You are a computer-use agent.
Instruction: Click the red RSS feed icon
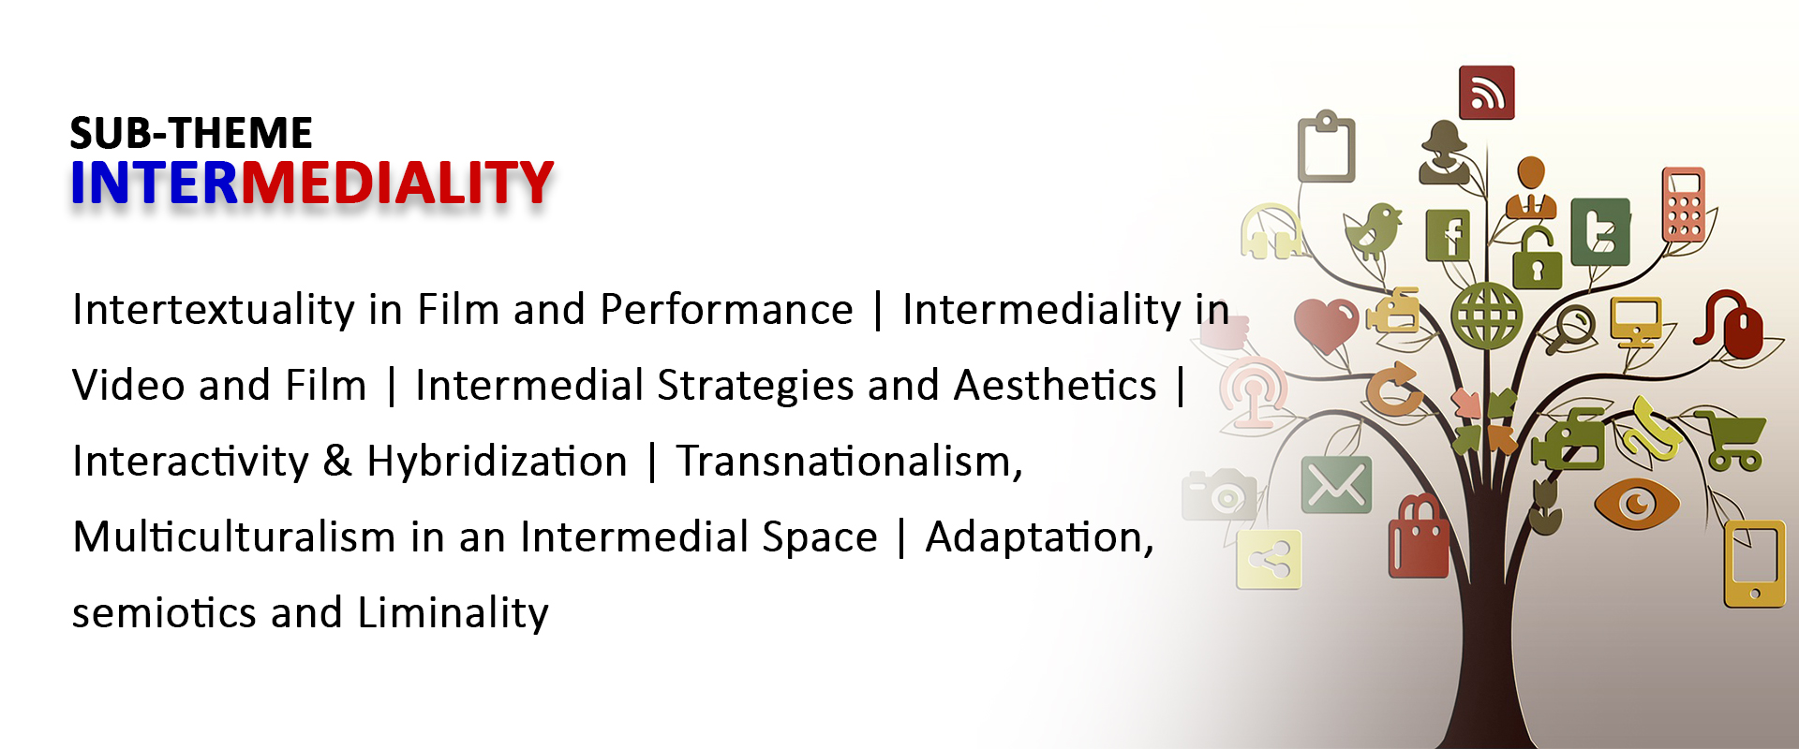1486,93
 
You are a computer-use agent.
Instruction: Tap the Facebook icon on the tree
1448,235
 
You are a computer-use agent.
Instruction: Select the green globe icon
1486,316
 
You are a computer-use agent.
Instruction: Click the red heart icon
1326,324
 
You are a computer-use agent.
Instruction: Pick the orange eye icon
1636,504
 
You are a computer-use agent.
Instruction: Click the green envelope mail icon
1336,485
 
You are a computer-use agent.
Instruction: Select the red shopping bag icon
1418,537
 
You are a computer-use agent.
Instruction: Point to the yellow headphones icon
1271,231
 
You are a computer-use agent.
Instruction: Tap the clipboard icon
1326,146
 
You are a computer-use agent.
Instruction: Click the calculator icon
1683,204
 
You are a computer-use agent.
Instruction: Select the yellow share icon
1269,560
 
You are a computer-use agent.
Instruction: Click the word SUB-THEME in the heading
191,133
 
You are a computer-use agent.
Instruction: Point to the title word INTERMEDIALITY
312,183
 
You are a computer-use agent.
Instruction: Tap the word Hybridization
497,462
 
